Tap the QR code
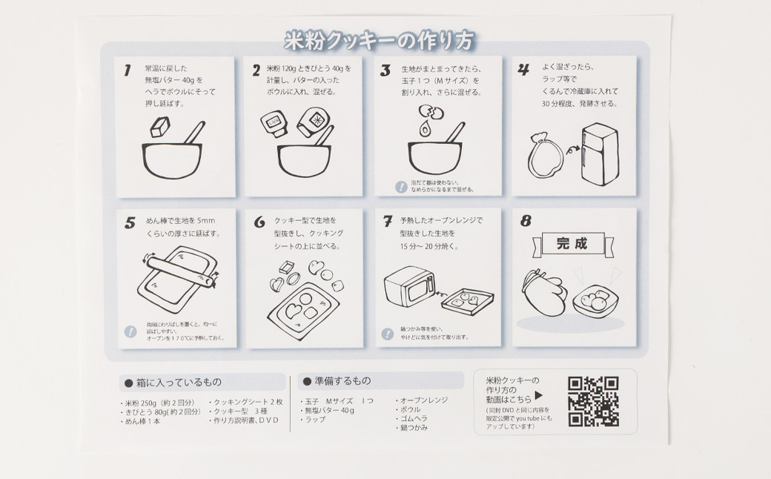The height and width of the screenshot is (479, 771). click(x=593, y=401)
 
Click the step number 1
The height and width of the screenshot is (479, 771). click(x=128, y=70)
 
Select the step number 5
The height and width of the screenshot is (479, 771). click(x=130, y=222)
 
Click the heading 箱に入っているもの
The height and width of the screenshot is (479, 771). click(x=176, y=383)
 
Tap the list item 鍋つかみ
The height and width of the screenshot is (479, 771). click(x=414, y=428)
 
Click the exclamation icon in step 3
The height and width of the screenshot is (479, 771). click(x=400, y=186)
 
